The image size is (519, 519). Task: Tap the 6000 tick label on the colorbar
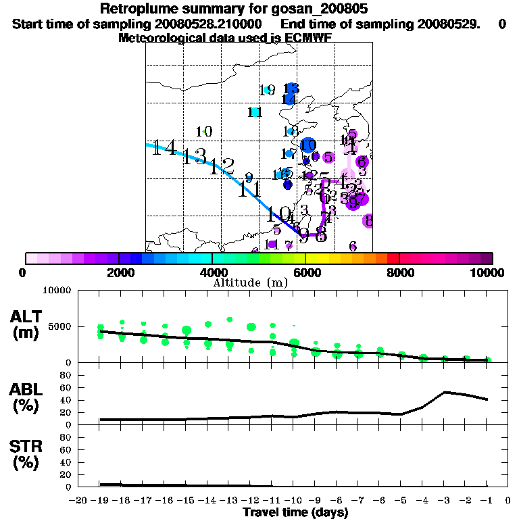click(306, 272)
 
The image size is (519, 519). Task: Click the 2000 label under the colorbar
click(119, 272)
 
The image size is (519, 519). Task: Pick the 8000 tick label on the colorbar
click(399, 272)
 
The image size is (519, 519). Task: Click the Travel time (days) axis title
click(295, 512)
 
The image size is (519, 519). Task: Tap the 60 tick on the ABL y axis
click(67, 387)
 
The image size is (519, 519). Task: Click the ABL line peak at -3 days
click(445, 392)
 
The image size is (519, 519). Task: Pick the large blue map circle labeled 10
click(308, 145)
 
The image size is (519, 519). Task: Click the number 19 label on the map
click(266, 90)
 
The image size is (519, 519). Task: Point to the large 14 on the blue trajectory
click(164, 147)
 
